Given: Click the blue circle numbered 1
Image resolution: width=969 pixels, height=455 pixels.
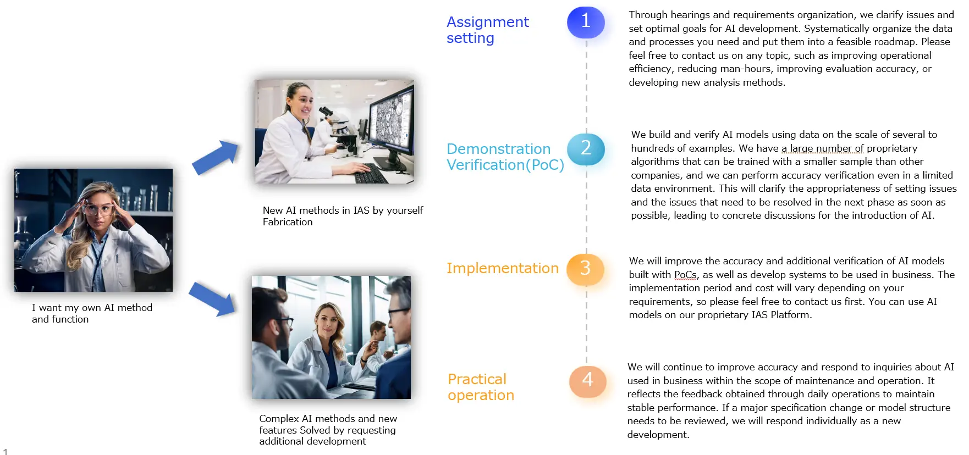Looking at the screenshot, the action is (586, 22).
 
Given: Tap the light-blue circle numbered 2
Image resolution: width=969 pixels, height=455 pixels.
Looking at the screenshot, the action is (586, 149).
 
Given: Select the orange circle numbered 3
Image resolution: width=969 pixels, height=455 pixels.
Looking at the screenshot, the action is (585, 269).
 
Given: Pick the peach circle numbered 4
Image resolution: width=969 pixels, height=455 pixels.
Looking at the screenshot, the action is (587, 380).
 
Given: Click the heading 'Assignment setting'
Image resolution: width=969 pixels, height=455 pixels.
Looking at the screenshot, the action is (487, 30).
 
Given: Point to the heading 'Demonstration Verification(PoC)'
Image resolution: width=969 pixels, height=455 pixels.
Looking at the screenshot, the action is (505, 157).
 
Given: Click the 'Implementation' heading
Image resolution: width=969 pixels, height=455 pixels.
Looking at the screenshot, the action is (502, 268).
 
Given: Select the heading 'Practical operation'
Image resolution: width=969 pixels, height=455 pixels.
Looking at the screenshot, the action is (481, 387).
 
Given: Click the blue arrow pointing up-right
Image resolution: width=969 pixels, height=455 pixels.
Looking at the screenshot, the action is (216, 158).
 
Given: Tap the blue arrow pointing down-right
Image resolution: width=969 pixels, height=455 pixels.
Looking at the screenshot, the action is (213, 299).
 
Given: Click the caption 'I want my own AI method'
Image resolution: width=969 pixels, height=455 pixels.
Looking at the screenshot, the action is (92, 308).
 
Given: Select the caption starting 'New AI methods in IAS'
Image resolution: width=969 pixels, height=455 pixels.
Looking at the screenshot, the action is (343, 216).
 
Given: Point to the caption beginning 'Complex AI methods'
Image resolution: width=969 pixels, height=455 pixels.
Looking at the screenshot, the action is (328, 430).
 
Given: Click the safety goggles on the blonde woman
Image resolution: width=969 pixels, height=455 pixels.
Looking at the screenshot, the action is (97, 209).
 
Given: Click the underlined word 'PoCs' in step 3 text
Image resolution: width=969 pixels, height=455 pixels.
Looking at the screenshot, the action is (685, 275).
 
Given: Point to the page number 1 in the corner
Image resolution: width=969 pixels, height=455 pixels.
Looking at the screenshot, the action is (5, 451).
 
